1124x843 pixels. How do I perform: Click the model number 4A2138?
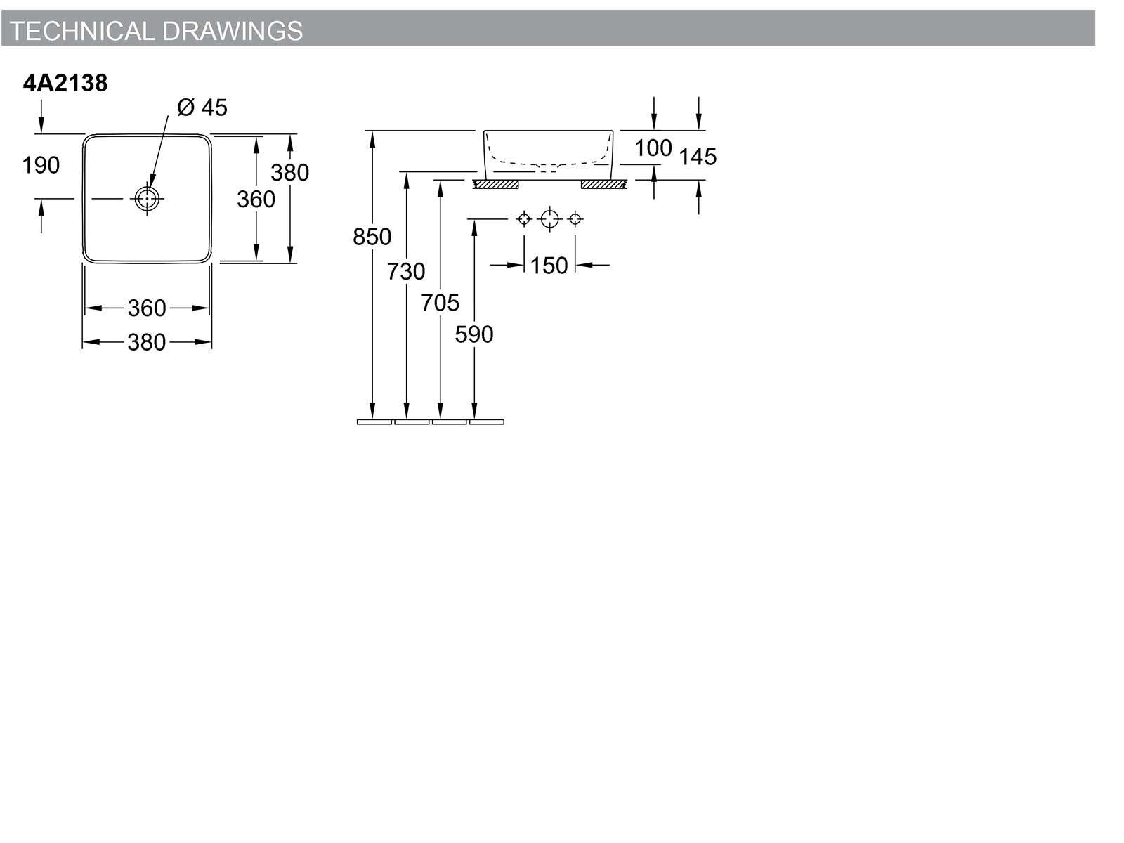click(65, 83)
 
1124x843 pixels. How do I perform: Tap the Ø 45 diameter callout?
click(202, 107)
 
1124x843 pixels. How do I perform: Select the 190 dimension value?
click(41, 165)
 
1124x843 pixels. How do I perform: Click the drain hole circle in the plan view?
click(148, 198)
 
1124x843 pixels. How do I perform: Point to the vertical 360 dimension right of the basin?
click(256, 199)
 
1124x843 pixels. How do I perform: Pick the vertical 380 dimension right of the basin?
click(290, 173)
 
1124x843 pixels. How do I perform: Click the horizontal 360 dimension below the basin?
click(147, 308)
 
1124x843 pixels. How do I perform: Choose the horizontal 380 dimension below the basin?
click(147, 342)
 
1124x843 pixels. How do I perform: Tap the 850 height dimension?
click(372, 237)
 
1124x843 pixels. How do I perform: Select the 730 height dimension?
click(406, 271)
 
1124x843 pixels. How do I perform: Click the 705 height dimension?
click(440, 303)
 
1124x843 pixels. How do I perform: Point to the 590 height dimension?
click(474, 335)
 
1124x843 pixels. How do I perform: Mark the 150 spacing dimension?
click(549, 266)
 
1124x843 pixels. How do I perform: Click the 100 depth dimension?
click(653, 148)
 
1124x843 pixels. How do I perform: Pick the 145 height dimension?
click(698, 157)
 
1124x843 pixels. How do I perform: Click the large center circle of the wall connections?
click(549, 219)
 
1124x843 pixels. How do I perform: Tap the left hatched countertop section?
click(496, 184)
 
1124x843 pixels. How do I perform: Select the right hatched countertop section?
click(604, 184)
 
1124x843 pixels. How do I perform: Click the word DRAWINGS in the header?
click(233, 31)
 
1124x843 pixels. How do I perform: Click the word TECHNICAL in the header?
click(82, 31)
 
